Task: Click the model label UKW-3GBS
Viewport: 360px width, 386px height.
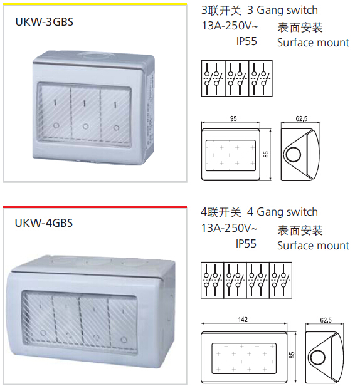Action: point(45,22)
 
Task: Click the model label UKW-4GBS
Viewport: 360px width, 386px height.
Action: point(44,223)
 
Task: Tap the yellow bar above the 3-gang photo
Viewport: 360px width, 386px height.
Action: point(95,4)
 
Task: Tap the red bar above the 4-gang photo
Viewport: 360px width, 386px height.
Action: point(95,207)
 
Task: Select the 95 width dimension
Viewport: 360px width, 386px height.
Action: point(233,118)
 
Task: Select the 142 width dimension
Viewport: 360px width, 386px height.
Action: point(243,320)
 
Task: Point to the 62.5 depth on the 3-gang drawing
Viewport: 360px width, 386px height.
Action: point(301,118)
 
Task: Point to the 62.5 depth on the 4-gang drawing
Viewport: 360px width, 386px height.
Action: point(326,320)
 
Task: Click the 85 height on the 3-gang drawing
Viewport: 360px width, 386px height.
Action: point(266,154)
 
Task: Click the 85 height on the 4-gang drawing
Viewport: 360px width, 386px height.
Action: point(292,355)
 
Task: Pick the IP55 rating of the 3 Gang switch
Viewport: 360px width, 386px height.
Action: point(246,41)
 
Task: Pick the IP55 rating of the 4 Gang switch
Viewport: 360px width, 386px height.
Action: point(246,244)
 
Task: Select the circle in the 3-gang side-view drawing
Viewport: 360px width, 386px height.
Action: point(294,155)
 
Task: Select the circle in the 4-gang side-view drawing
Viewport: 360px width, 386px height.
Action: point(318,357)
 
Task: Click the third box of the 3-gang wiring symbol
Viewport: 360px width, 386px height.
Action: point(261,78)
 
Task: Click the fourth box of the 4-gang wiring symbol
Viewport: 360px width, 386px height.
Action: point(280,280)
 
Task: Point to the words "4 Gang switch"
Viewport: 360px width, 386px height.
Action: point(282,212)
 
